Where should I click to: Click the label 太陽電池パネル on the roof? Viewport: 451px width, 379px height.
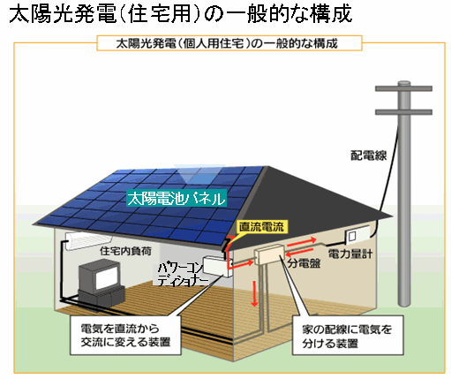point(177,198)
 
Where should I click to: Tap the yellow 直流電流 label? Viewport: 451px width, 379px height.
point(261,227)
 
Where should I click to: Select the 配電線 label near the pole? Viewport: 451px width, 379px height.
point(368,155)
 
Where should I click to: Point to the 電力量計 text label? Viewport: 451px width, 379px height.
point(350,254)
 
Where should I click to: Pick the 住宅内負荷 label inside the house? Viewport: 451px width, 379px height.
point(125,251)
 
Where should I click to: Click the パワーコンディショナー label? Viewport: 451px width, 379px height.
point(180,275)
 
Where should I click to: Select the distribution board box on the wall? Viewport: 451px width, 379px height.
point(269,254)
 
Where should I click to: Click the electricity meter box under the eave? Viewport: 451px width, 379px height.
point(357,234)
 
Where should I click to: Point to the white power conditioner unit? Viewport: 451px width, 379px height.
point(217,266)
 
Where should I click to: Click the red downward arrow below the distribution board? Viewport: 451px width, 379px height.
point(254,294)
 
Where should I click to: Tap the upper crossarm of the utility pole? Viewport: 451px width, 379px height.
point(403,88)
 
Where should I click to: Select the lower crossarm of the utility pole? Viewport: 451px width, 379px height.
point(403,112)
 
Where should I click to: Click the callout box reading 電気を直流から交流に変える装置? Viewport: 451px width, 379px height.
point(125,335)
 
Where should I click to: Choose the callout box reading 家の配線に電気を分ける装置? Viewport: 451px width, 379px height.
point(348,335)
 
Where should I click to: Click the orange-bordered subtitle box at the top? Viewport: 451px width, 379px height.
point(229,43)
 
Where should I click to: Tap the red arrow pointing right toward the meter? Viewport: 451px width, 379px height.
point(302,242)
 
